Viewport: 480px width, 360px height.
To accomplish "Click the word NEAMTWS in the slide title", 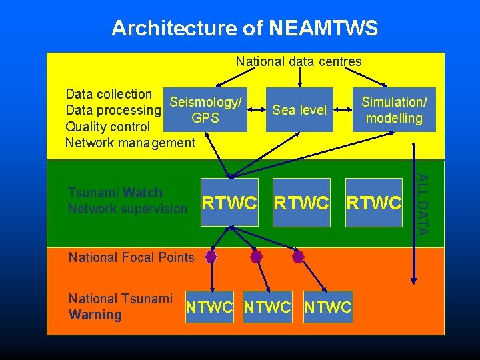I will click(323, 28).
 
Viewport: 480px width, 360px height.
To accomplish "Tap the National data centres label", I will click(299, 61).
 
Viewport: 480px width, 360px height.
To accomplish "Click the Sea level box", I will click(299, 110).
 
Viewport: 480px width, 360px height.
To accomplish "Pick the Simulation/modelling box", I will click(393, 110).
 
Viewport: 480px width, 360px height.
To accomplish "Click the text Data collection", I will click(109, 94).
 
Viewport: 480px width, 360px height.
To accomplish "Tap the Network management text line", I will click(130, 142).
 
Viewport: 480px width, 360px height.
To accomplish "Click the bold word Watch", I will click(143, 193).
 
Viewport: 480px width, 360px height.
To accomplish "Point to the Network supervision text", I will click(127, 209).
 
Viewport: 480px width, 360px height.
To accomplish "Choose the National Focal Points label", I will click(131, 257).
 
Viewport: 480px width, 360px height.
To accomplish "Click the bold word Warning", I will click(95, 315).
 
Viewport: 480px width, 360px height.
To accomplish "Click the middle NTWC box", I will click(268, 307).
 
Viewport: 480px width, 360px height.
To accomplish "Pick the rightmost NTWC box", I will click(327, 307).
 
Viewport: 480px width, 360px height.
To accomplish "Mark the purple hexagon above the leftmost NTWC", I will click(211, 256).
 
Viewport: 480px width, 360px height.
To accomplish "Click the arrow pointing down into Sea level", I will click(299, 78).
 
